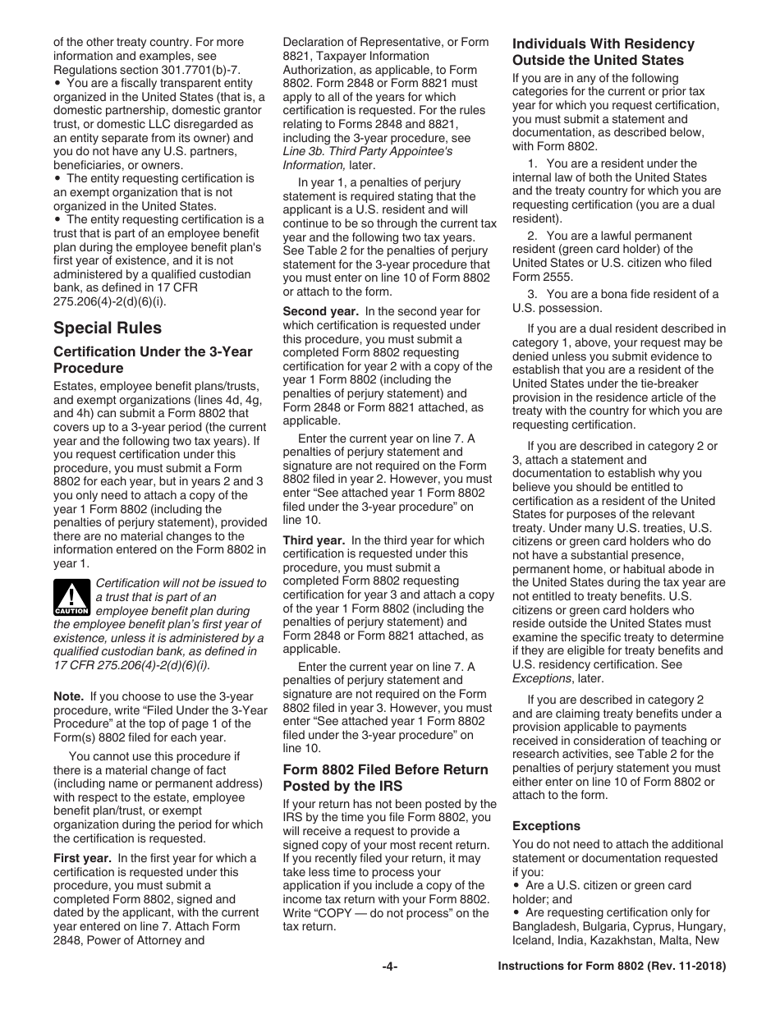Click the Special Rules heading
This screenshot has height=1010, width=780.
point(108,328)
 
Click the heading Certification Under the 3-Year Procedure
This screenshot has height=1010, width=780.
point(153,360)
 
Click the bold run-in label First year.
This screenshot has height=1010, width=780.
point(82,858)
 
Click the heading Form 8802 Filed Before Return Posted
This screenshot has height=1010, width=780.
point(384,778)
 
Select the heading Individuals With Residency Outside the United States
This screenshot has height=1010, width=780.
point(603,52)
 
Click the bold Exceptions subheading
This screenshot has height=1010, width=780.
point(546,826)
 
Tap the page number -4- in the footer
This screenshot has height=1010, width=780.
point(390,967)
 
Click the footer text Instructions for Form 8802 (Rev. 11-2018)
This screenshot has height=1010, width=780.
point(612,967)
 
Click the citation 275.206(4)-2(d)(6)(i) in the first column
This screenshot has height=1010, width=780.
point(108,301)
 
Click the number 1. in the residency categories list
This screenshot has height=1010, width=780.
point(532,163)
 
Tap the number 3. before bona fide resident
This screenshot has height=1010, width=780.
point(532,294)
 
